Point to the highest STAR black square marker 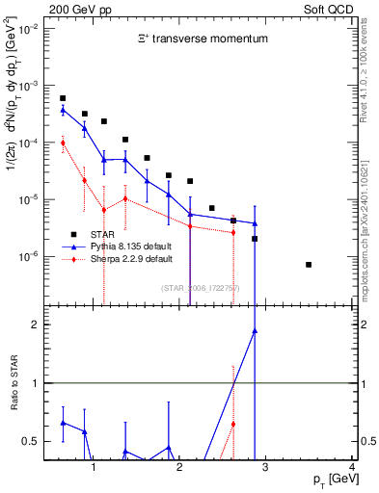click(x=63, y=98)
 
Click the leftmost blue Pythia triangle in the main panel click(x=63, y=110)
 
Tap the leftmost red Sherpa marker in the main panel click(x=63, y=143)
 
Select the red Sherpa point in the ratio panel click(x=233, y=424)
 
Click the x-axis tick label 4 click(x=352, y=468)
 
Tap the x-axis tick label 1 click(x=94, y=468)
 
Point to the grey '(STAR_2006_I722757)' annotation click(x=201, y=288)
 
